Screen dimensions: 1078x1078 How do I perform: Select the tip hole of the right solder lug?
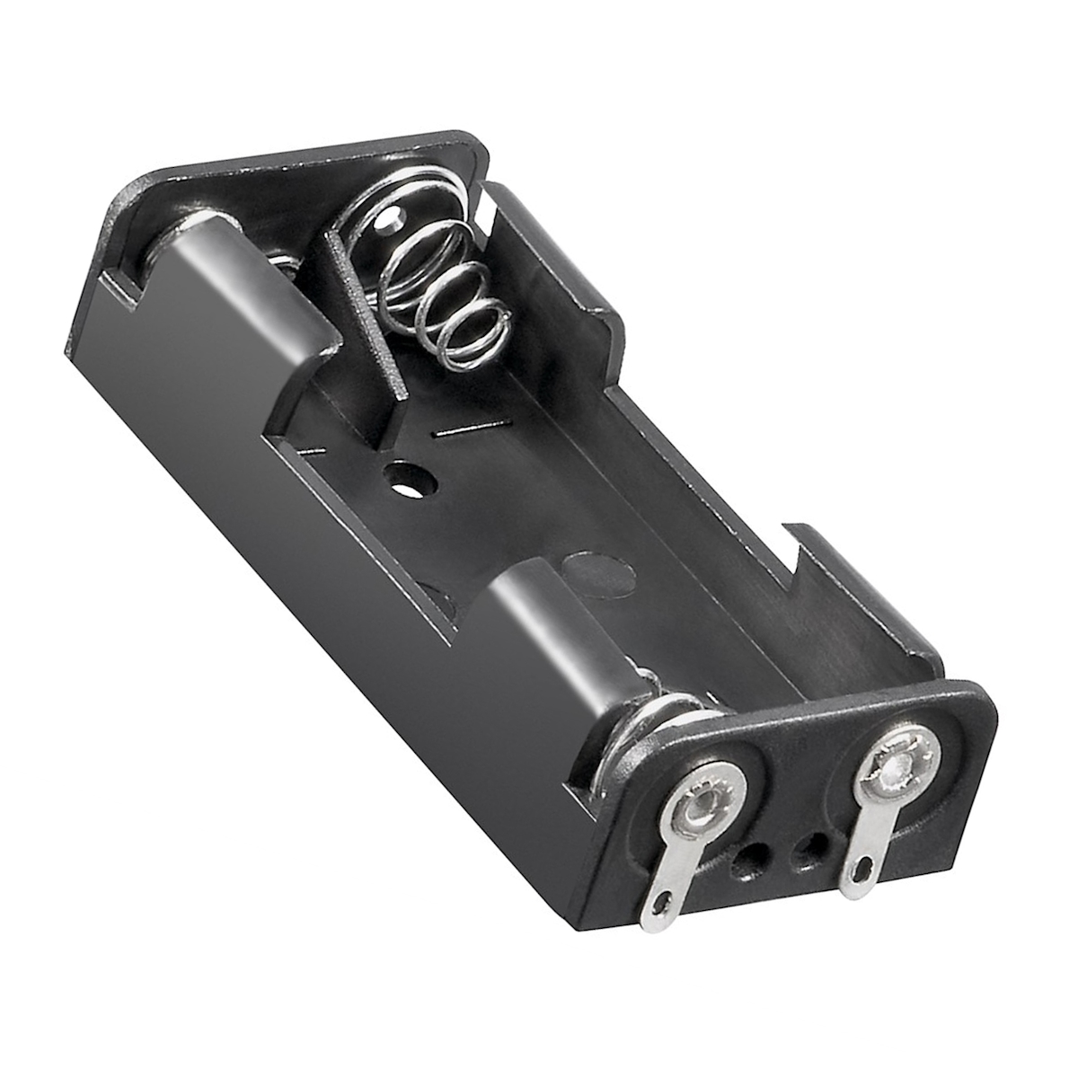[x=863, y=868]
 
